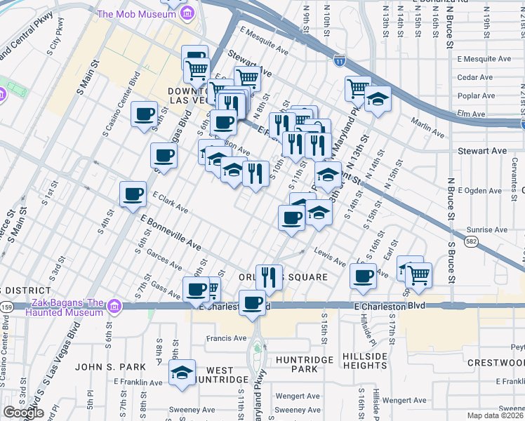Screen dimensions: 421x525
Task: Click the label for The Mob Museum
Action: coord(137,13)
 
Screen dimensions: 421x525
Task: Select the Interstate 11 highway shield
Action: coord(340,60)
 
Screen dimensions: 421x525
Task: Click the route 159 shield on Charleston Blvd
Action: coord(7,306)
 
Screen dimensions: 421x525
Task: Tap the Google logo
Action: coord(23,413)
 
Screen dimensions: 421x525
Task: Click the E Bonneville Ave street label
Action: coord(171,234)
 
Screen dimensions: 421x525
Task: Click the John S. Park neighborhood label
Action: coord(111,367)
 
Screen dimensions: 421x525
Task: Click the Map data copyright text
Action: coord(496,415)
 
